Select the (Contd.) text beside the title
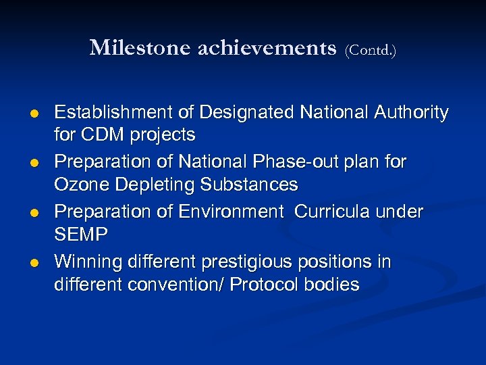pos(370,50)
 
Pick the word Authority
pos(410,112)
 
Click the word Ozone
pos(79,185)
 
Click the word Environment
pos(231,212)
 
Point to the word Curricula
pos(335,212)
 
